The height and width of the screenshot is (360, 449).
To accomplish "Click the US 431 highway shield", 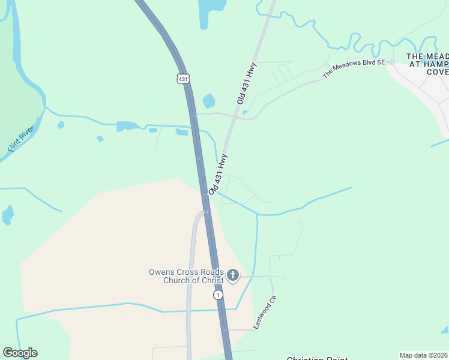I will [184, 79].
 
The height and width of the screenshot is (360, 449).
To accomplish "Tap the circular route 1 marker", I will [218, 295].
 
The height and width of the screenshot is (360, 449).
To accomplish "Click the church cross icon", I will [232, 276].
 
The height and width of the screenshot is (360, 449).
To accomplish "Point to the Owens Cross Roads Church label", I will [186, 276].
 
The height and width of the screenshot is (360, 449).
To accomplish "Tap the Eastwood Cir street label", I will [264, 312].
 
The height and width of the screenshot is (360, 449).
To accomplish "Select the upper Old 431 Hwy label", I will [247, 83].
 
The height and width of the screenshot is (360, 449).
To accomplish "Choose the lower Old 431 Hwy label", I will [218, 174].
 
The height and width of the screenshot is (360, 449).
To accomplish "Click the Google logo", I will [20, 353].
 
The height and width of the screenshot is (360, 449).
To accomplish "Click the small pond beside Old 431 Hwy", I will [209, 101].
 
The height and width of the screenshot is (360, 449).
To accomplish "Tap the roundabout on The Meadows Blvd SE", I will [392, 62].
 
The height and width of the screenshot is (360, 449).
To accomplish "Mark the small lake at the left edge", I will [8, 214].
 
